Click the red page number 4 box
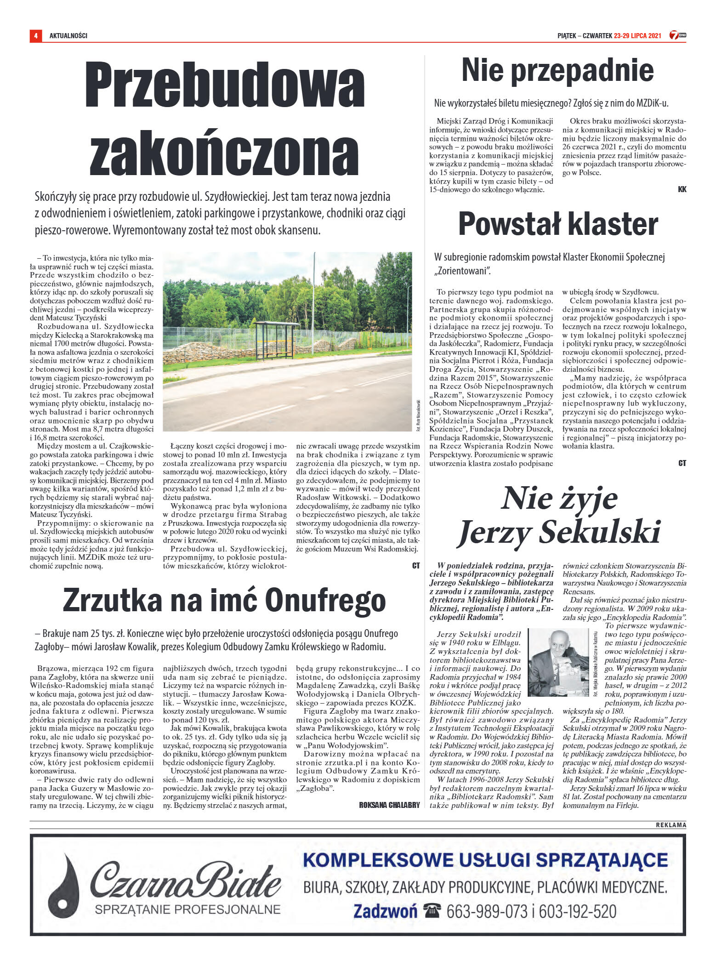click(35, 36)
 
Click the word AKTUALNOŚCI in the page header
click(68, 36)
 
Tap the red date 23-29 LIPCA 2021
click(637, 36)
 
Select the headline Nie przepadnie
click(557, 70)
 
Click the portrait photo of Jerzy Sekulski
click(558, 662)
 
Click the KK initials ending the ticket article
click(682, 189)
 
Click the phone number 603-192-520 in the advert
click(578, 911)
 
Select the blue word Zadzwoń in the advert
click(385, 911)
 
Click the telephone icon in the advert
click(432, 910)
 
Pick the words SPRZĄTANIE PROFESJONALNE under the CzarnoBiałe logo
click(188, 909)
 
